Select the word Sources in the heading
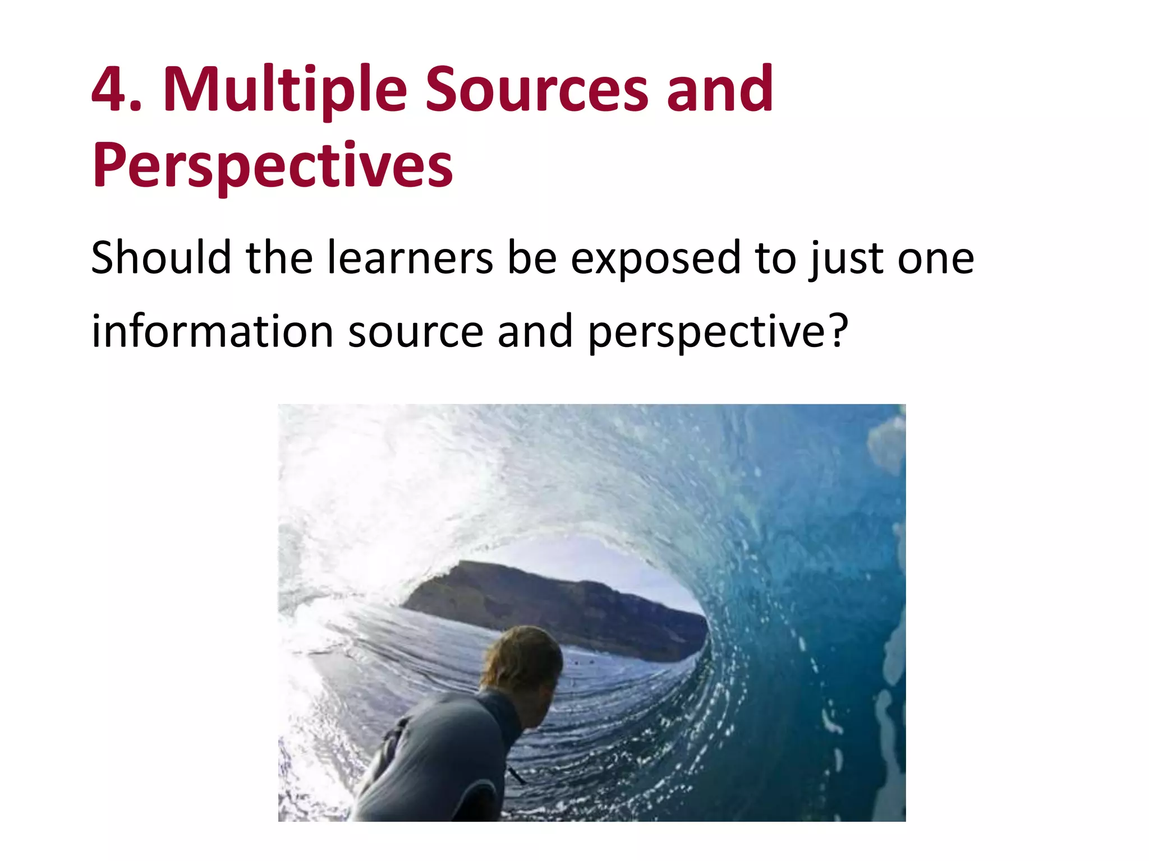[x=536, y=90]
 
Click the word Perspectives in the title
[x=273, y=166]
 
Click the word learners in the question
[x=410, y=257]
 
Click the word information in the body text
[x=213, y=331]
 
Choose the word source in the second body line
[x=416, y=332]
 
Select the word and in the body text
[x=535, y=331]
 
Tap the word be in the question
[x=532, y=257]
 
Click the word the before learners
[x=279, y=257]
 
